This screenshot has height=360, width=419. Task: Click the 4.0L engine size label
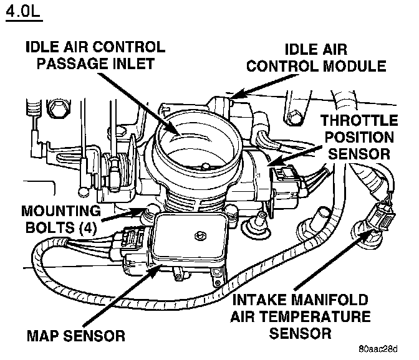click(x=24, y=14)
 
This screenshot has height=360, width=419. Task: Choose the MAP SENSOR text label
click(x=75, y=336)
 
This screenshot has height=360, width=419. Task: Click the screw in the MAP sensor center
click(x=200, y=235)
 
